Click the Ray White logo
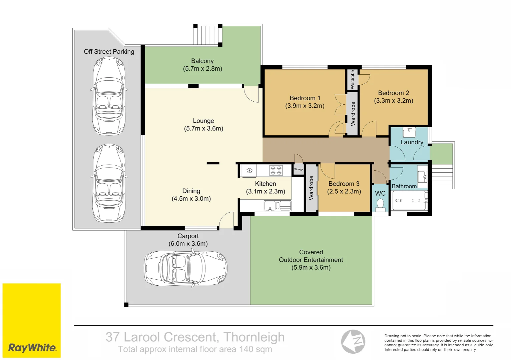(x=32, y=347)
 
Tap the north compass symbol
(x=353, y=341)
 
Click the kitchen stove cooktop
(x=276, y=170)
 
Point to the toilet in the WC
(x=380, y=204)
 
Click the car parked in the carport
(x=186, y=268)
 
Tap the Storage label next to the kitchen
(x=299, y=169)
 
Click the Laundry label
(x=412, y=142)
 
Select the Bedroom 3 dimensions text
(x=344, y=191)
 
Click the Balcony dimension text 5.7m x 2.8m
(x=202, y=69)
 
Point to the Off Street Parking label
(x=109, y=52)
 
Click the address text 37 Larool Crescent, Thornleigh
(x=195, y=337)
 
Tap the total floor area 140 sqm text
(x=195, y=349)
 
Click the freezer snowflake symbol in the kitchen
(x=249, y=171)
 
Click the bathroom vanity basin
(x=422, y=176)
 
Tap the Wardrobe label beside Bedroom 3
(x=311, y=188)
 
